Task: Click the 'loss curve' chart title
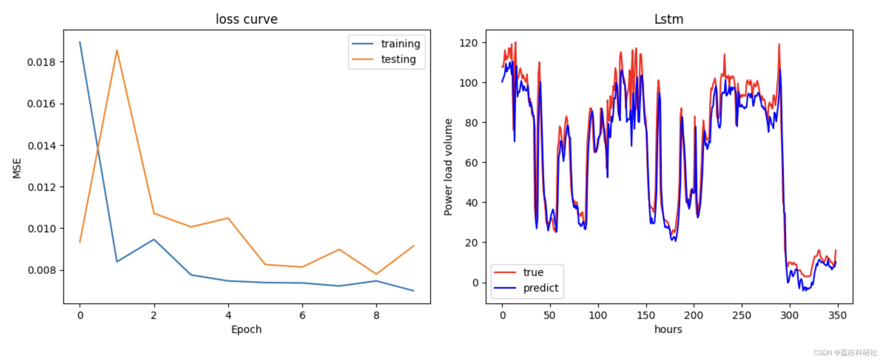click(x=246, y=19)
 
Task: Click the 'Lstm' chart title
click(x=668, y=19)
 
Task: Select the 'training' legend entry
click(x=400, y=44)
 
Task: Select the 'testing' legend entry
click(x=398, y=59)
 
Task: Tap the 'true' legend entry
click(x=533, y=272)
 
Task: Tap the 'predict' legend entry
click(x=540, y=288)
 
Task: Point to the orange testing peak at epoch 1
click(x=117, y=50)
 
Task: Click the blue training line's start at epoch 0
click(x=80, y=42)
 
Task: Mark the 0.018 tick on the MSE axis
click(x=41, y=62)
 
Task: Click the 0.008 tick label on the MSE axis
click(x=41, y=270)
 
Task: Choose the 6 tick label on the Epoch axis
click(x=302, y=315)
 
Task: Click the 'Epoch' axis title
click(x=246, y=329)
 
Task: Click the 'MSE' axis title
click(x=17, y=168)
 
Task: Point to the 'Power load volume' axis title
click(x=448, y=167)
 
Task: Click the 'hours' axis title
click(x=668, y=329)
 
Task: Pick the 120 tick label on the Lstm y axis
click(x=468, y=43)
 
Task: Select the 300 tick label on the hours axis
click(x=789, y=315)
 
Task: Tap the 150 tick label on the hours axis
click(x=646, y=315)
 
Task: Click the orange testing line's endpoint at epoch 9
click(x=413, y=246)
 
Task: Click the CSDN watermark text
click(x=845, y=353)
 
